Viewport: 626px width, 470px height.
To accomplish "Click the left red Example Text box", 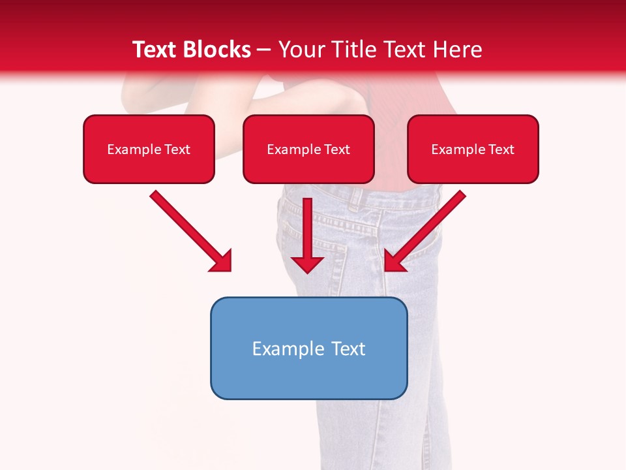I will point(149,149).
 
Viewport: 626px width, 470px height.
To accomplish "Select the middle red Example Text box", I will point(308,149).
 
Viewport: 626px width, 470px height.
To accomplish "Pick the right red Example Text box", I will point(473,149).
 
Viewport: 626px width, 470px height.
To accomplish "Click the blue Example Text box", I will point(308,349).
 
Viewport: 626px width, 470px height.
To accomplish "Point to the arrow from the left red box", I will point(189,230).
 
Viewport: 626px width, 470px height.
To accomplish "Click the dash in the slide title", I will point(265,50).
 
